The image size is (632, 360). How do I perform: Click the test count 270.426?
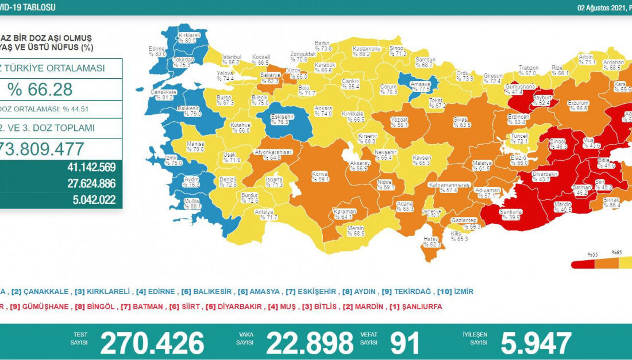coord(152,343)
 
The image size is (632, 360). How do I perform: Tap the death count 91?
coord(406,343)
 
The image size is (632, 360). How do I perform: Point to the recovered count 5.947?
coord(535,343)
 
